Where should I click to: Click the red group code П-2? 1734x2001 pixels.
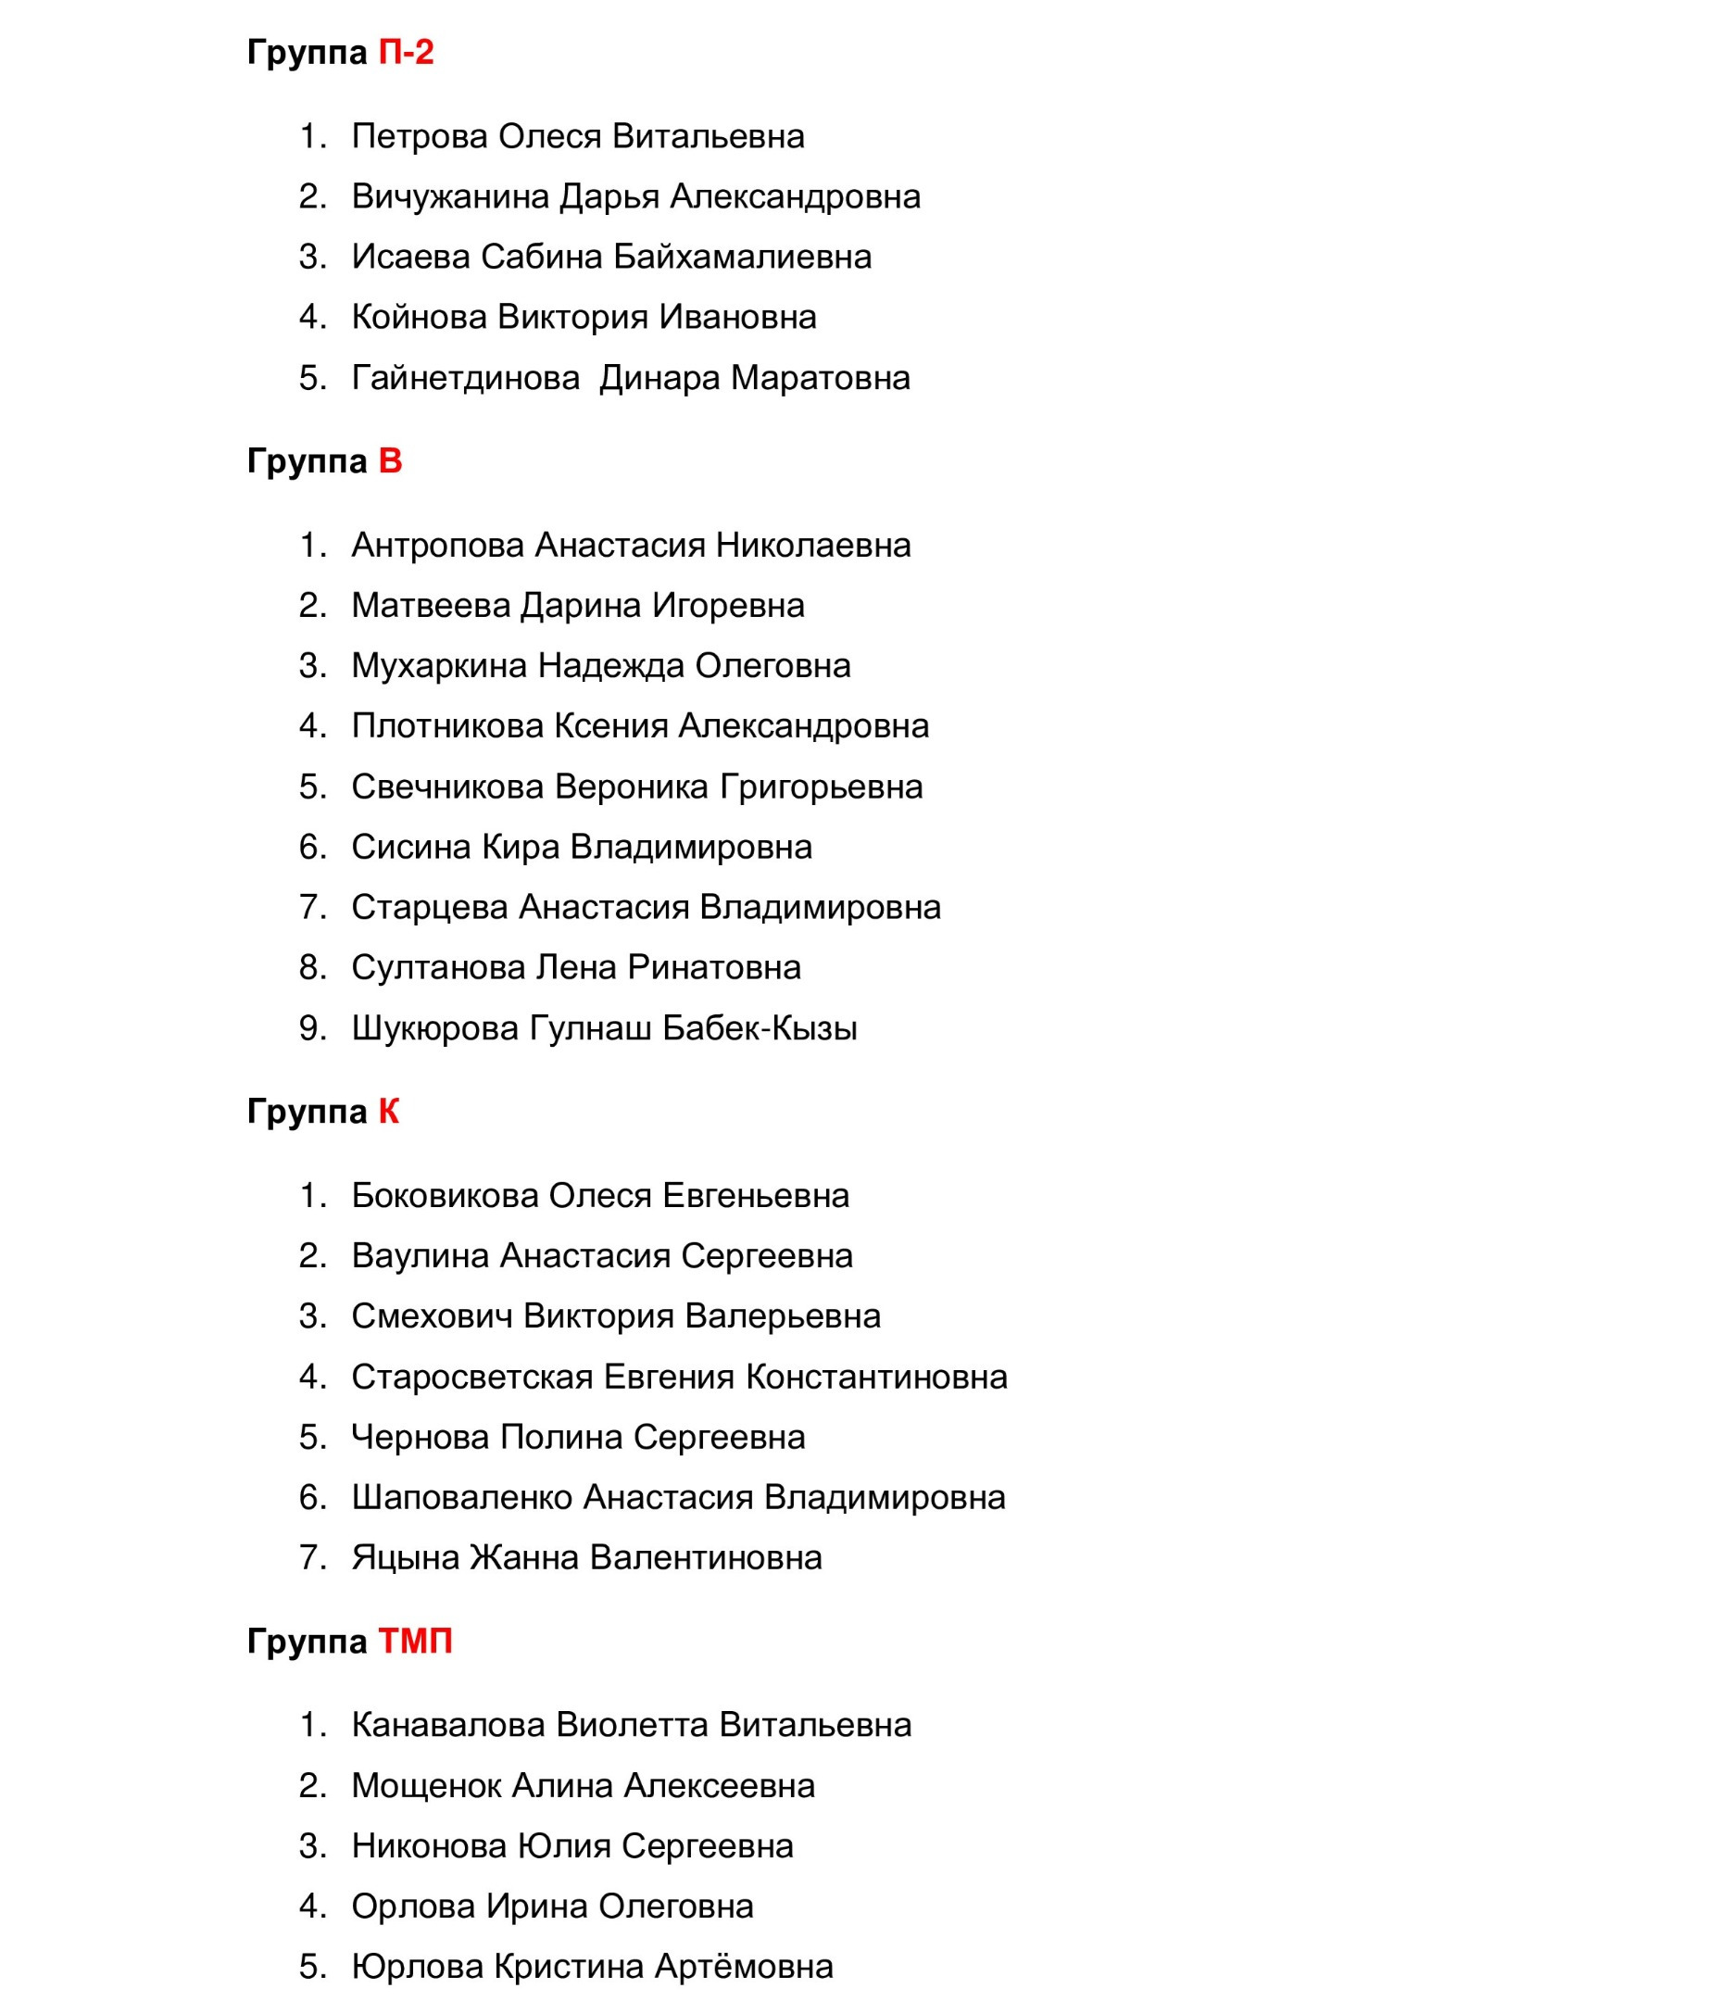tap(406, 52)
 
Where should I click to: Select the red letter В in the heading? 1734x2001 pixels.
tap(390, 461)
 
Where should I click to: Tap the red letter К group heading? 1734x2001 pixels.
tap(388, 1112)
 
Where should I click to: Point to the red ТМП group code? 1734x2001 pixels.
tap(415, 1641)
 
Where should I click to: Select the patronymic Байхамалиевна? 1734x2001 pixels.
tap(742, 258)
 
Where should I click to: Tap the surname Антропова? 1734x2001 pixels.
tap(437, 545)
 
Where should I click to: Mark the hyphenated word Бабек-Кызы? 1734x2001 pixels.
tap(760, 1027)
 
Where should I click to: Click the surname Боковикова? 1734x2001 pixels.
tap(446, 1196)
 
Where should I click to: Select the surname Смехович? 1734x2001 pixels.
tap(432, 1316)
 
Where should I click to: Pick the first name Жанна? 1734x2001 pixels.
tap(524, 1558)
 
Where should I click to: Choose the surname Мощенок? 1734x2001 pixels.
tap(426, 1785)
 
